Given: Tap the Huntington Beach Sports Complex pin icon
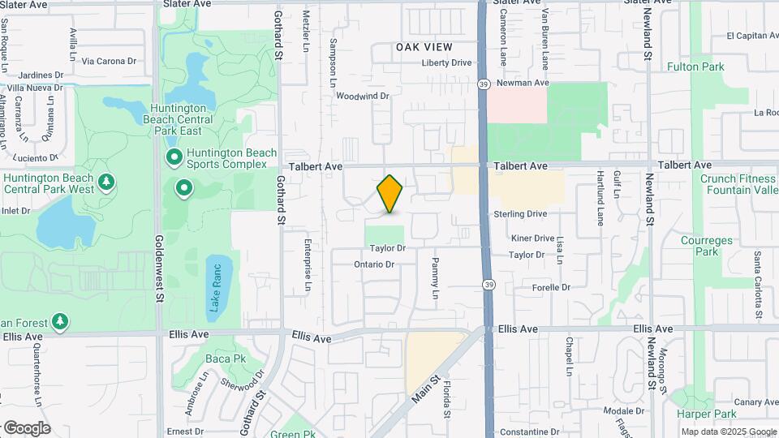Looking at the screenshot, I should tap(173, 156).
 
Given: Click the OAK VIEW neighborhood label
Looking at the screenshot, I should tap(424, 48).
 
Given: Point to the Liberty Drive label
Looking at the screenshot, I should tap(446, 62).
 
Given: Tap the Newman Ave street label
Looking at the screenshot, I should tap(523, 83).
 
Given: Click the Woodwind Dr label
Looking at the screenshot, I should tap(363, 96).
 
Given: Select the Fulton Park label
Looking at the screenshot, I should tap(695, 67).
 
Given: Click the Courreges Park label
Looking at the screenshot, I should tap(699, 246).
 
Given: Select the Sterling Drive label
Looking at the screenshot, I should tap(520, 214).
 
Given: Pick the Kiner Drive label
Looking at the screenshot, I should tap(532, 238).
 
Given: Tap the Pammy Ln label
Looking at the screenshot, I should tap(435, 277).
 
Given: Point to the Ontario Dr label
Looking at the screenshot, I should tap(374, 264).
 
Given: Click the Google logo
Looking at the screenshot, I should tap(26, 428).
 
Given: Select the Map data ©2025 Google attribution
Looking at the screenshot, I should tap(729, 432).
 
